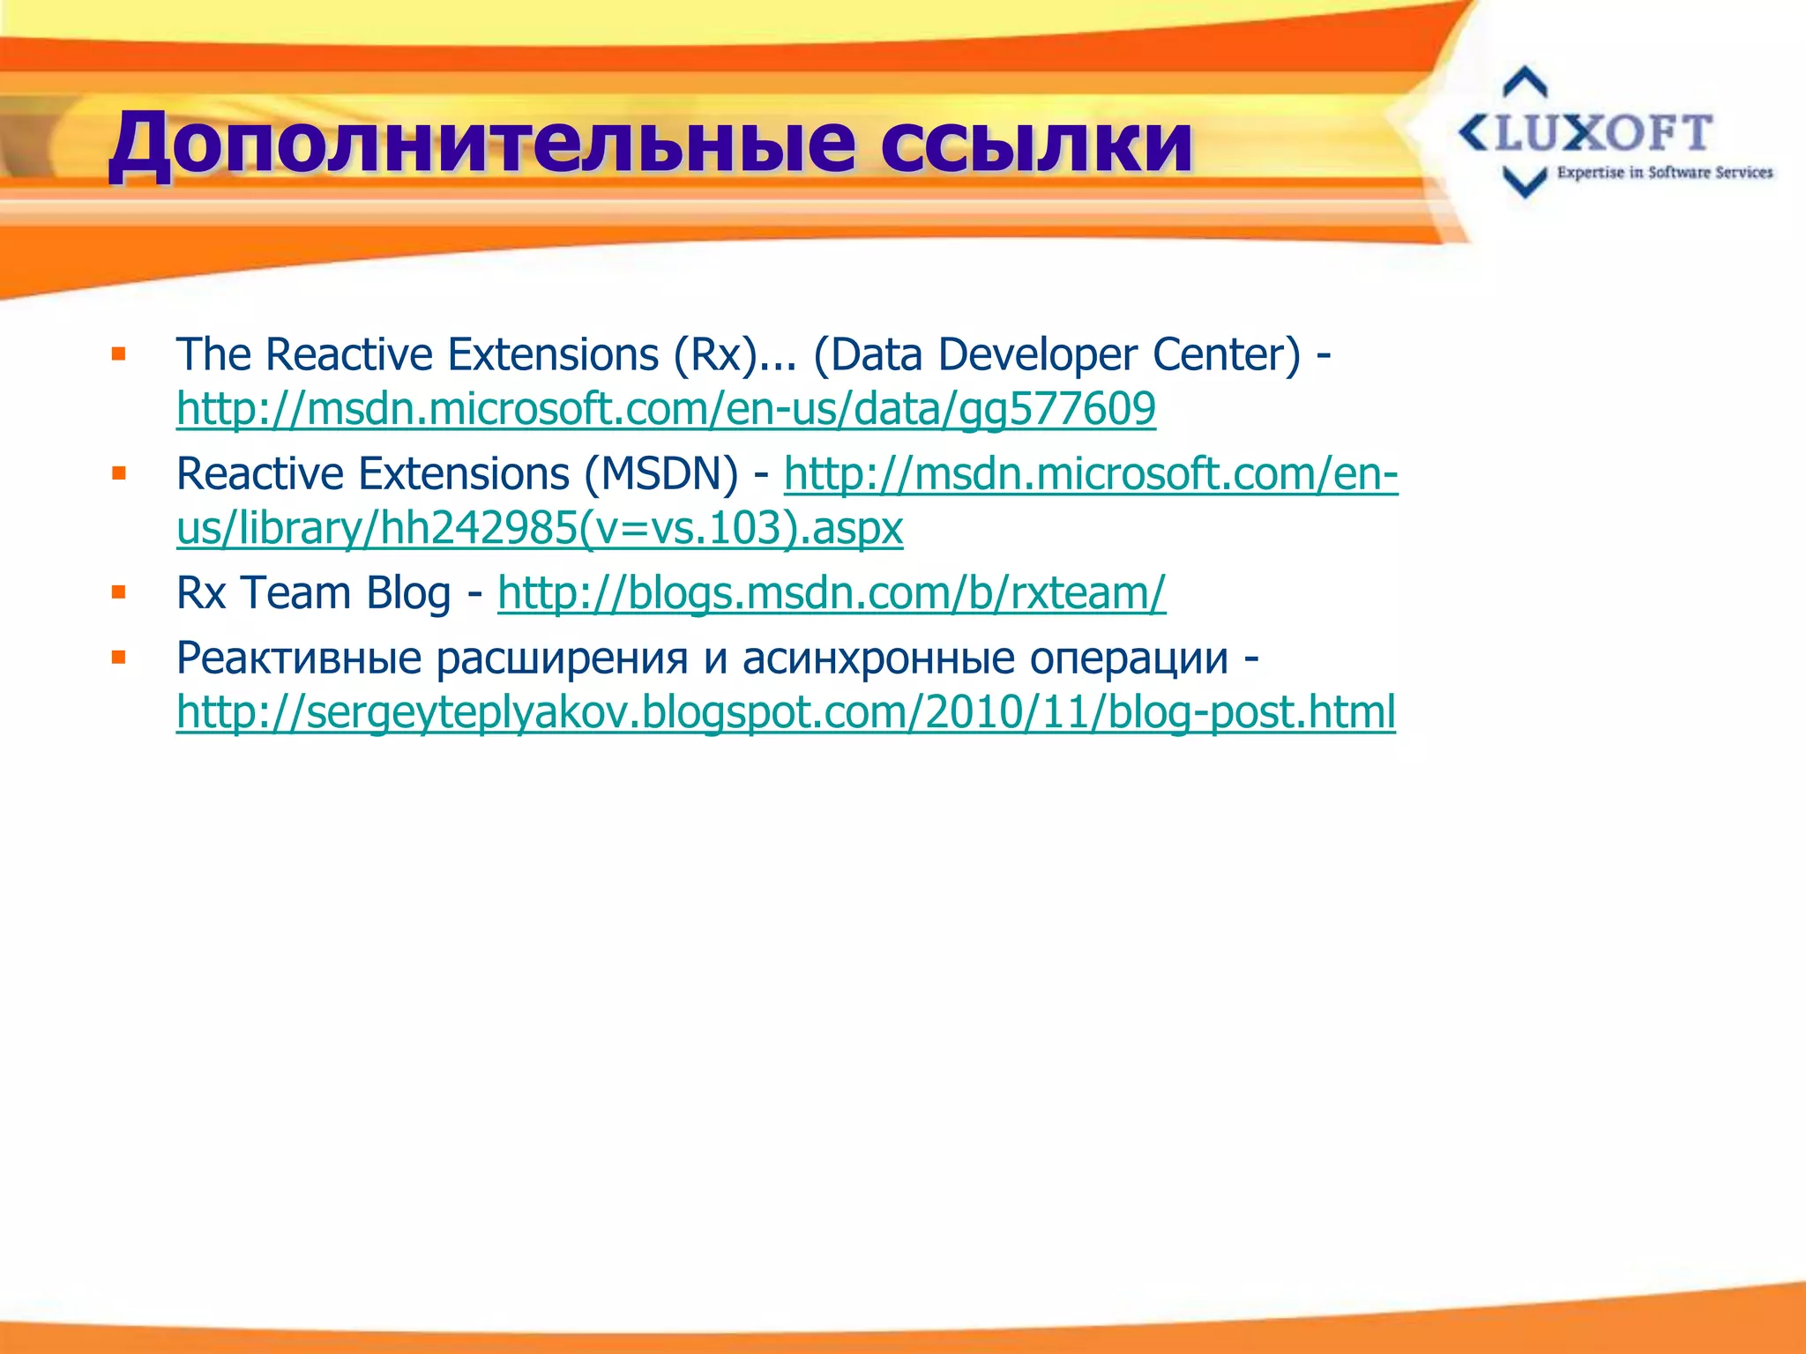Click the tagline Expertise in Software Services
click(1664, 173)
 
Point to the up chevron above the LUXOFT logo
click(1525, 83)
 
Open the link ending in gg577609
click(666, 409)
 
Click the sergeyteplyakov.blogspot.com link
click(786, 712)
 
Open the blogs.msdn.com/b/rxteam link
click(832, 592)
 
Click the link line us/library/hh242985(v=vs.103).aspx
click(540, 529)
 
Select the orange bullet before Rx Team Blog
click(119, 592)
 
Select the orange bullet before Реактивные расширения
click(119, 657)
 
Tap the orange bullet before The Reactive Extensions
click(119, 354)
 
